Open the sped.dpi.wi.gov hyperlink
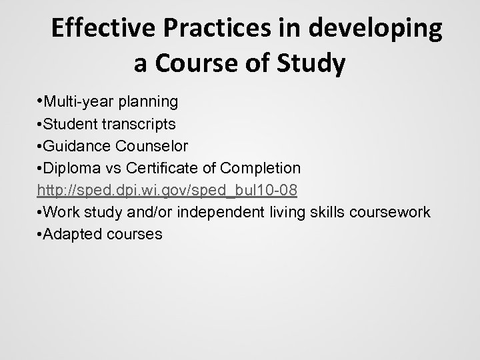coord(167,191)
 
